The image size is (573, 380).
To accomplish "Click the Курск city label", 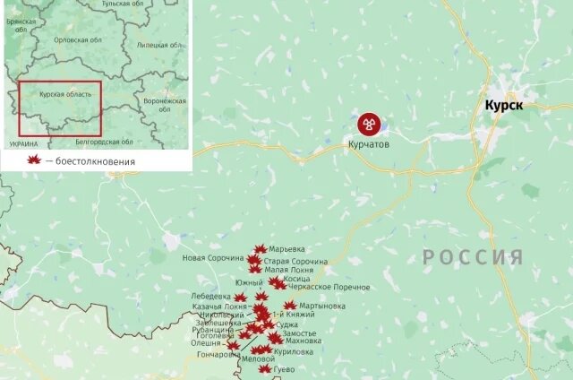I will [x=504, y=106].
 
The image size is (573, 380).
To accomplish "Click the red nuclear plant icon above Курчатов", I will [x=368, y=124].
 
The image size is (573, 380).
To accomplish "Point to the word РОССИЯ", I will [x=473, y=258].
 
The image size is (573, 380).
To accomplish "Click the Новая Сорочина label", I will [x=213, y=259].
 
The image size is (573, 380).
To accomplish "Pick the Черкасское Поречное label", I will [x=329, y=287].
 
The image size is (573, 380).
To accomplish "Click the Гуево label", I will [x=284, y=369].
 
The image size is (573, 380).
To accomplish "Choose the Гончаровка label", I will [x=218, y=355].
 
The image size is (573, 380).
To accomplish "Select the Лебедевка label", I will [x=212, y=297].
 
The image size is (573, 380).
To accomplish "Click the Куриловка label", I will [x=294, y=351].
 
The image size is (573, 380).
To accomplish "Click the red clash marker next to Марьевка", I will [x=260, y=249].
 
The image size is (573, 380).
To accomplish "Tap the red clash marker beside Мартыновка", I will [x=289, y=306].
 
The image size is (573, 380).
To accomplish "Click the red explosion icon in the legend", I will [x=34, y=160].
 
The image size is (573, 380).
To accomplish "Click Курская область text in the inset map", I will [x=61, y=93].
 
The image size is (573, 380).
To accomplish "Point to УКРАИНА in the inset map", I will [x=23, y=143].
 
